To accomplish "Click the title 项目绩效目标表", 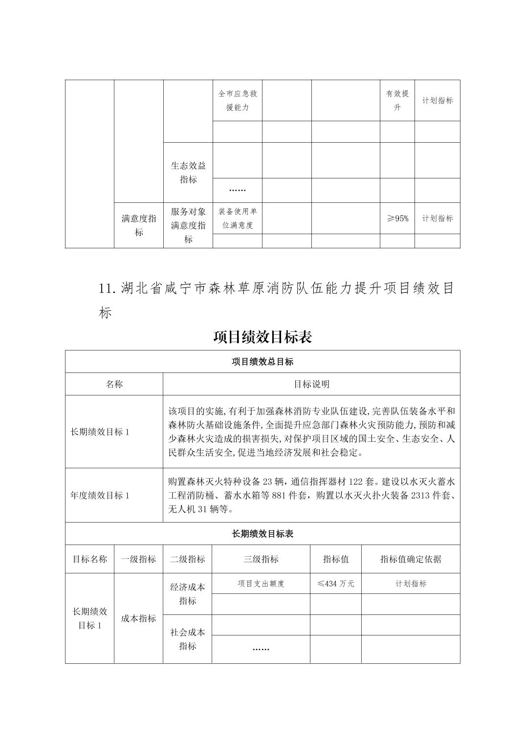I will pyautogui.click(x=262, y=337).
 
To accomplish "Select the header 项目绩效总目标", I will pyautogui.click(x=262, y=362).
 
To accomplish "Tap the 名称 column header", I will pyautogui.click(x=114, y=384).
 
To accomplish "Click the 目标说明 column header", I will pyautogui.click(x=311, y=384).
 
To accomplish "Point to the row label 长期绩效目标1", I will pyautogui.click(x=100, y=432).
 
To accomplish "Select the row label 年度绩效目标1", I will pyautogui.click(x=100, y=496).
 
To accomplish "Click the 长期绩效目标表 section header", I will pyautogui.click(x=262, y=534).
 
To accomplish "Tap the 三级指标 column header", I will pyautogui.click(x=261, y=559).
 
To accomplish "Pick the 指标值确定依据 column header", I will pyautogui.click(x=411, y=559).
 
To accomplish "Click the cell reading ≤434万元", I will pyautogui.click(x=336, y=584).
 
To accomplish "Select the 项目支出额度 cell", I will pyautogui.click(x=261, y=584).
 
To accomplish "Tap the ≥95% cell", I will pyautogui.click(x=397, y=219).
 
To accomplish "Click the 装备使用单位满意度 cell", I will pyautogui.click(x=238, y=219).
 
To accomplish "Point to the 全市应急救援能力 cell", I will pyautogui.click(x=238, y=100).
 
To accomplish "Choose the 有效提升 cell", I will pyautogui.click(x=397, y=100).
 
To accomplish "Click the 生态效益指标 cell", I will pyautogui.click(x=188, y=173).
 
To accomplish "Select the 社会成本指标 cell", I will pyautogui.click(x=187, y=639).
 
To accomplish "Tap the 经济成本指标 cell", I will pyautogui.click(x=187, y=594).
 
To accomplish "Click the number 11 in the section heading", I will pyautogui.click(x=106, y=288).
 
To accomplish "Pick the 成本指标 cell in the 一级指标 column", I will pyautogui.click(x=138, y=618).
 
